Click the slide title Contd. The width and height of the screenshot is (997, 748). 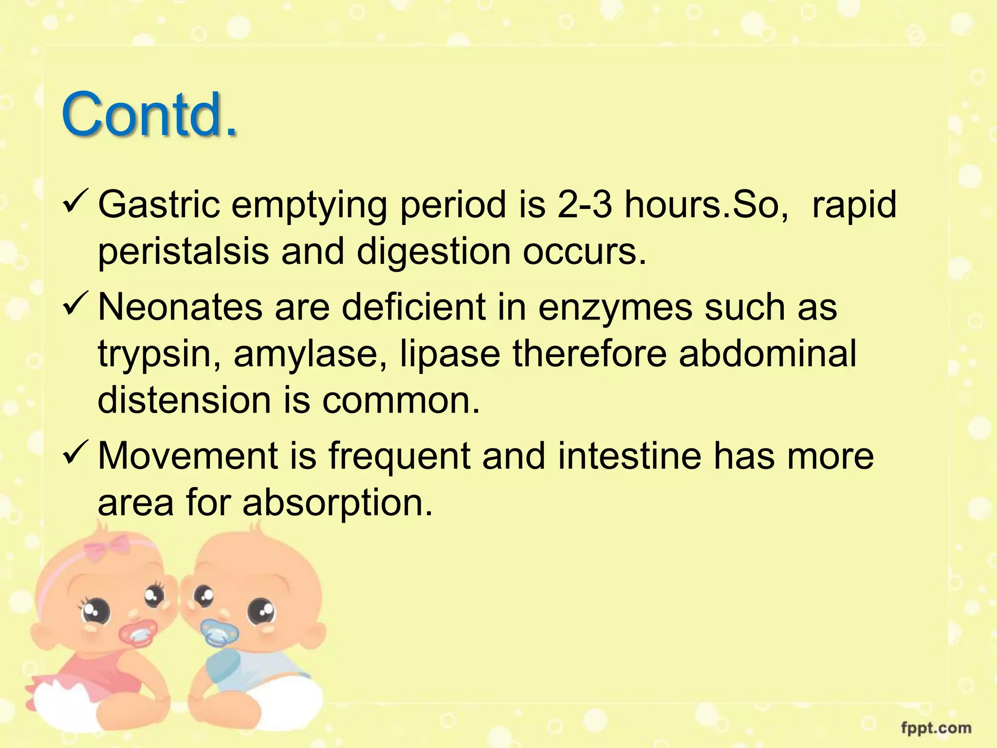pos(149,115)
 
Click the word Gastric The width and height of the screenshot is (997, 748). pos(159,205)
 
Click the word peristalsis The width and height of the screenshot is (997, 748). pos(184,251)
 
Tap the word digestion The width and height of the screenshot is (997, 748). pos(434,251)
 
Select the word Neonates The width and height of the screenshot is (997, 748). pos(180,307)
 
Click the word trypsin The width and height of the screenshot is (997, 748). pos(159,355)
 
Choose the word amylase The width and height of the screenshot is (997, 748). pos(311,354)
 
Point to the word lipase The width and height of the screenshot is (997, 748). pos(450,354)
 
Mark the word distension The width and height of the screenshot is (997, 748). pos(184,400)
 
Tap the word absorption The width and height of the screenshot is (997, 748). pos(337,503)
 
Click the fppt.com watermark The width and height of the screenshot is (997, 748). pos(936,729)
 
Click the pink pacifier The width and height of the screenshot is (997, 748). pos(138,633)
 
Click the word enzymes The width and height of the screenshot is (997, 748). pos(615,308)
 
